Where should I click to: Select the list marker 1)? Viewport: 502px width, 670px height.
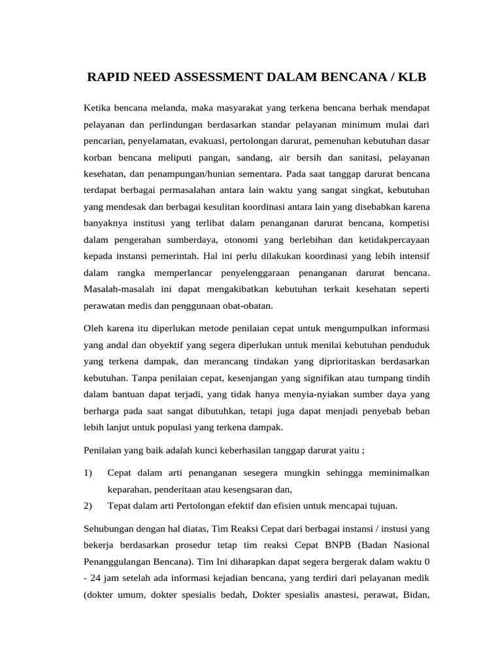pyautogui.click(x=89, y=472)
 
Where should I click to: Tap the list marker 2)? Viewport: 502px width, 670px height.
pyautogui.click(x=89, y=506)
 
